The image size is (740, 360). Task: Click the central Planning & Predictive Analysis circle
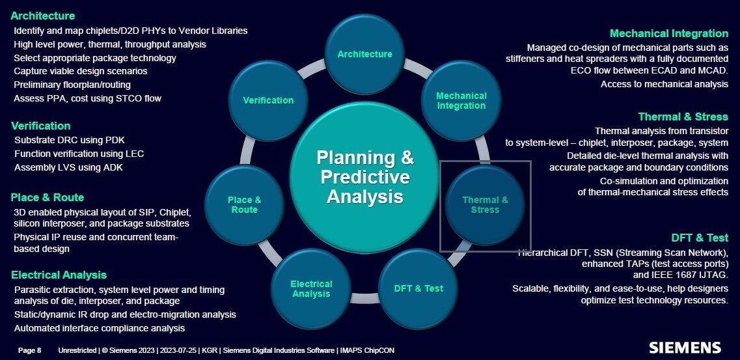[364, 178]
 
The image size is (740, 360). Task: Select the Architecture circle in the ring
[364, 54]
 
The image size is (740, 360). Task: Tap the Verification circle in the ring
[268, 100]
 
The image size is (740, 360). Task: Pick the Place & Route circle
[245, 205]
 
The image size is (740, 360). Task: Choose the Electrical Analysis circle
[311, 289]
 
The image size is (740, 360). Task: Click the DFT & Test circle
[418, 288]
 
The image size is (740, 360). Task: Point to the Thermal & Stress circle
[485, 205]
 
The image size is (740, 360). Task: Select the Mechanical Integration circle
[461, 100]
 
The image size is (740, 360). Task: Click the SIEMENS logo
[685, 348]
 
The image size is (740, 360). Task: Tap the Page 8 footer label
[30, 351]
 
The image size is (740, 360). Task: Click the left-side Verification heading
[40, 126]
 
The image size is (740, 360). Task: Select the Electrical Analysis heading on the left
[59, 275]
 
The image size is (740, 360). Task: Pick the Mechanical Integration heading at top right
[669, 33]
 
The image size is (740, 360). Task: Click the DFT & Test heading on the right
[700, 238]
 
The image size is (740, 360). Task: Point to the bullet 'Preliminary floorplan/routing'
[72, 85]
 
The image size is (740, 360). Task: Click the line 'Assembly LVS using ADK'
[68, 167]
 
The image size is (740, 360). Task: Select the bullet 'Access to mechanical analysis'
[665, 85]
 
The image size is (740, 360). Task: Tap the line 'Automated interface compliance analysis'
[100, 328]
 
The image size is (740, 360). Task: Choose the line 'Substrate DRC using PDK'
[70, 140]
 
